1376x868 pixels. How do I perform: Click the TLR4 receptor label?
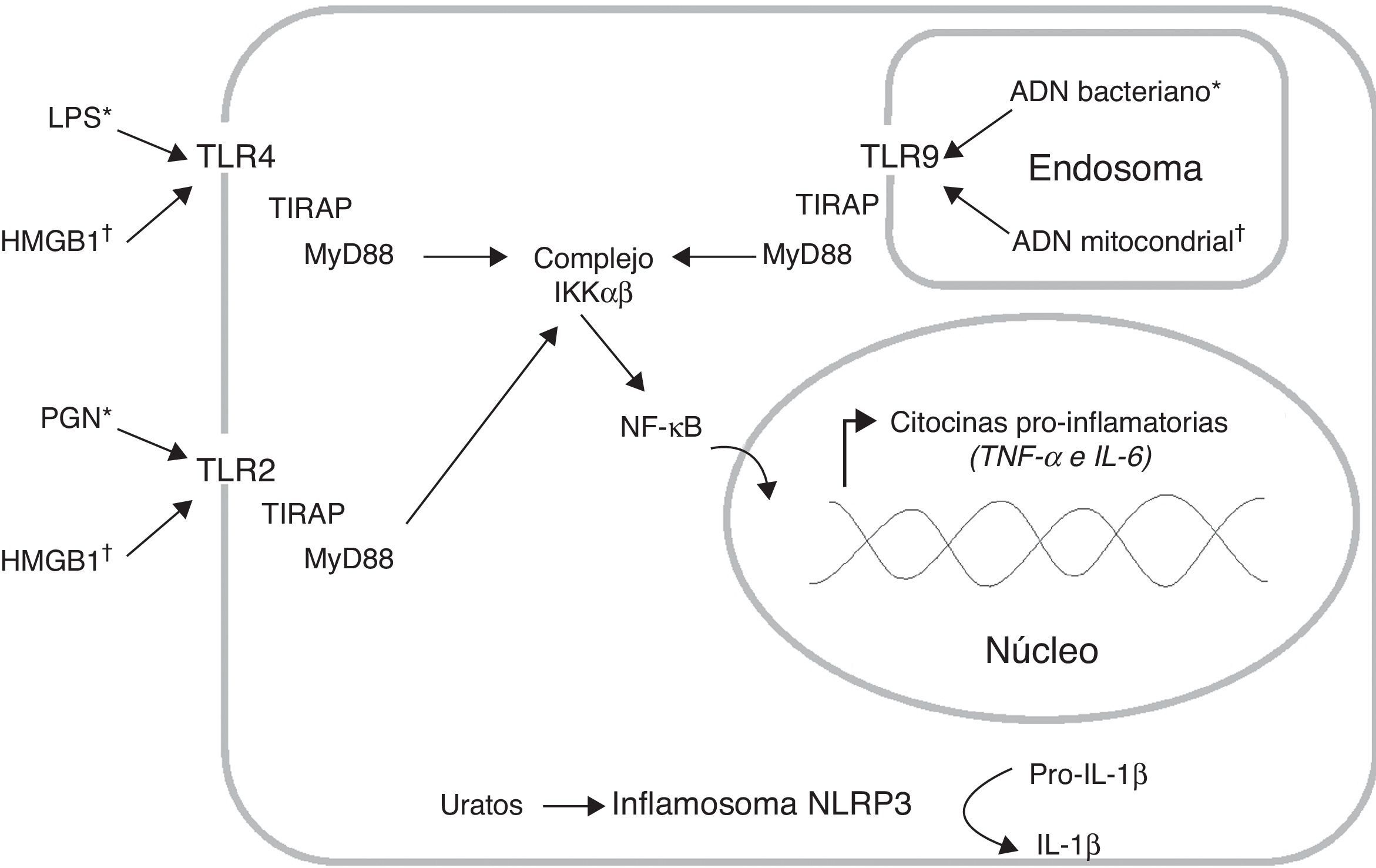(236, 157)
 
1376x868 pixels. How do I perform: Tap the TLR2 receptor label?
(236, 470)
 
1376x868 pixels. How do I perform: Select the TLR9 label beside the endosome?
(899, 157)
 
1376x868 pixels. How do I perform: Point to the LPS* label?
(80, 118)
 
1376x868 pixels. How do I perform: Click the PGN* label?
(76, 418)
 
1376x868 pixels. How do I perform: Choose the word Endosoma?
(1115, 169)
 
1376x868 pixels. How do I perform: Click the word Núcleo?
(1041, 651)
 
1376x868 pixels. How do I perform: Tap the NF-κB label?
(661, 428)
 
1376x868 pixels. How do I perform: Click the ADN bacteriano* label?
(1114, 92)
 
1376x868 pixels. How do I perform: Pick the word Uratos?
(481, 806)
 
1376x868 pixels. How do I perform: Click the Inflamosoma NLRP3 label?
(761, 804)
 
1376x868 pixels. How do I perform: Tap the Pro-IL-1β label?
(1088, 775)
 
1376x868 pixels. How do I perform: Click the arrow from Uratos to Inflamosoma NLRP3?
(573, 806)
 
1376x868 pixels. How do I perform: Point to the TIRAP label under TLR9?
(837, 205)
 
